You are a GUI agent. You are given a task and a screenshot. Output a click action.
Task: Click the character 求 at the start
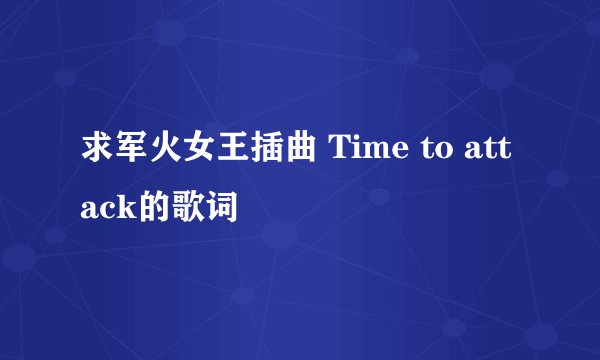(x=96, y=152)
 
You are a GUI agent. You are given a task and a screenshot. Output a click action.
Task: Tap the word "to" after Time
(x=431, y=153)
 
